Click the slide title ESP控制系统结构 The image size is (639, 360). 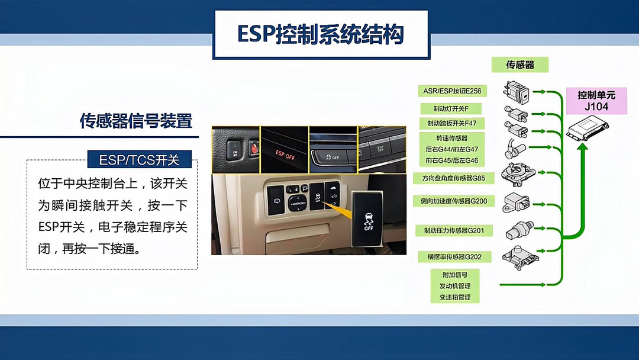(x=321, y=34)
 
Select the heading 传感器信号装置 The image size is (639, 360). (x=136, y=121)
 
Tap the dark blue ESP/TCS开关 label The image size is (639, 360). (x=141, y=159)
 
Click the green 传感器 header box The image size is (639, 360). (x=519, y=65)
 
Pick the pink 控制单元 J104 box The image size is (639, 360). (x=596, y=101)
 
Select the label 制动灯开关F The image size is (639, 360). (x=451, y=108)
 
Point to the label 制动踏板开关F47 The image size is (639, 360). (x=451, y=123)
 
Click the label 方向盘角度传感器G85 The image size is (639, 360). (x=453, y=178)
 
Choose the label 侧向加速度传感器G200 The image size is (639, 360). (x=453, y=201)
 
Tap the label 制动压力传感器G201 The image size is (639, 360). (x=453, y=230)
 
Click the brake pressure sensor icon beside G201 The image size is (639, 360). (x=519, y=229)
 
